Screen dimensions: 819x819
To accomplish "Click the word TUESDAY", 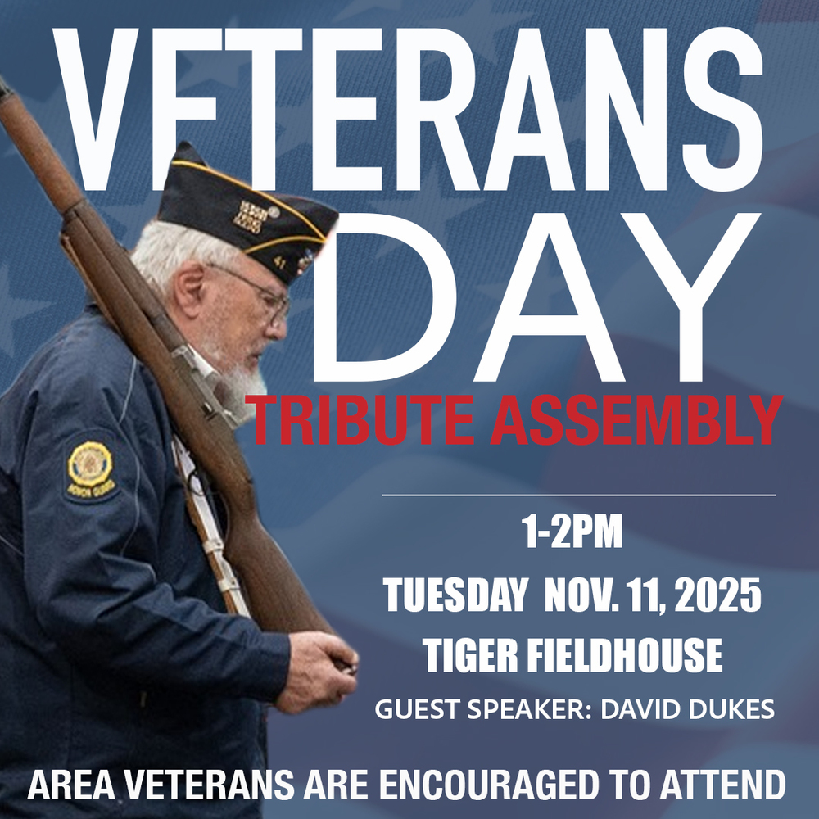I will click(455, 596).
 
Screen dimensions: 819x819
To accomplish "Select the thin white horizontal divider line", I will click(578, 495).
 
